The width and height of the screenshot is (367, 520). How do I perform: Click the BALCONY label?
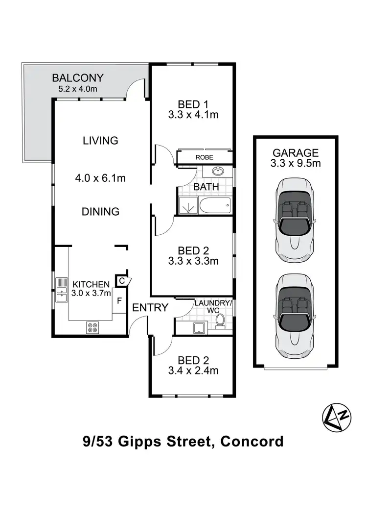(x=78, y=77)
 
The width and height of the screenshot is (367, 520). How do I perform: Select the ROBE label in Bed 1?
(x=204, y=157)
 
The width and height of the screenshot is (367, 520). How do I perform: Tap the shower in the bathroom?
(x=186, y=207)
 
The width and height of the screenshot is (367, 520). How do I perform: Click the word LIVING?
(x=100, y=141)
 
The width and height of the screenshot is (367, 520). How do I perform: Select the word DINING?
(x=100, y=212)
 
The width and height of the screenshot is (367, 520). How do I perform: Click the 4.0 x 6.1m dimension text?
(x=100, y=178)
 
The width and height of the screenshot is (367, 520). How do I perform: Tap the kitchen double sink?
(x=61, y=290)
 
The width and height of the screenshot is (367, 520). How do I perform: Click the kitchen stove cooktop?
(x=93, y=327)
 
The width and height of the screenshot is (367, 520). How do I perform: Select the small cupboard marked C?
(x=121, y=281)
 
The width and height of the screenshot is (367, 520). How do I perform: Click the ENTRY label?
(x=150, y=308)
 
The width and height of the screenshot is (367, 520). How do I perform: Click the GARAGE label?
(x=296, y=153)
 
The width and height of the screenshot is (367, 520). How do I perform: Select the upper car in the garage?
(x=295, y=219)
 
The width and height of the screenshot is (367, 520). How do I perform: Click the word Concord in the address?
(x=252, y=441)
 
